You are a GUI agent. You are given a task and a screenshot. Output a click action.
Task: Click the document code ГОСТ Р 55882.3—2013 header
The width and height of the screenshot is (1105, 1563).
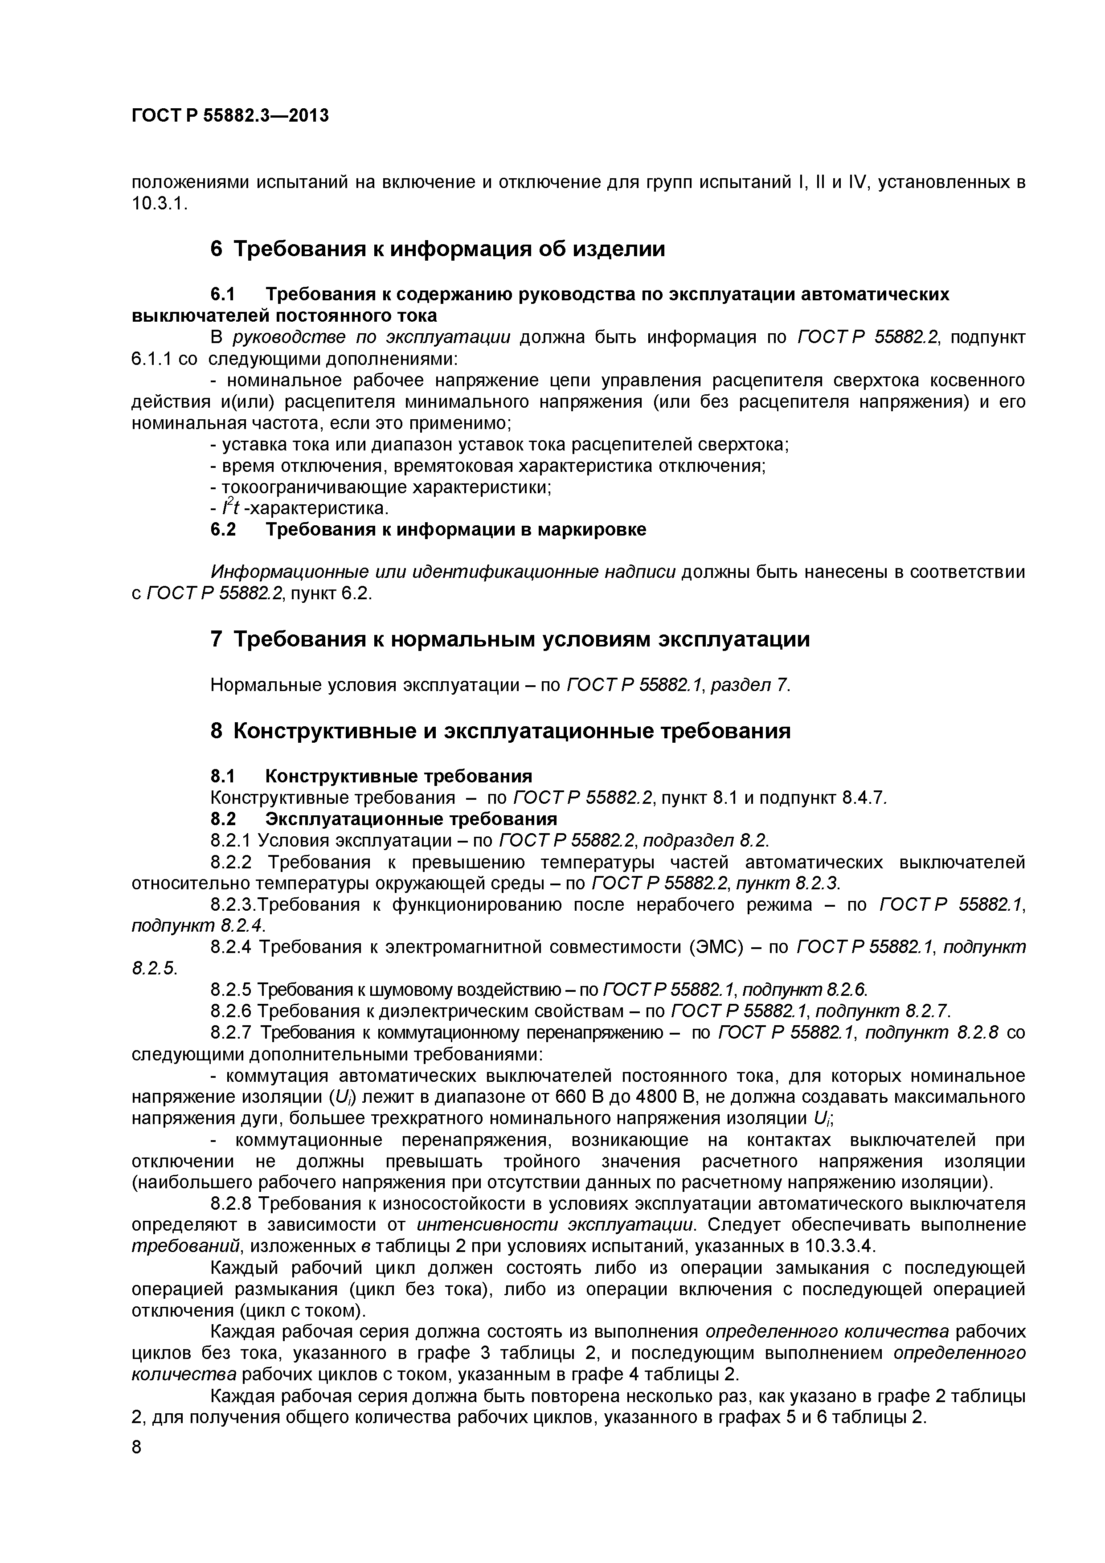(229, 116)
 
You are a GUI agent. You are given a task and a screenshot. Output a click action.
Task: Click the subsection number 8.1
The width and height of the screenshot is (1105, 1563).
(223, 776)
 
